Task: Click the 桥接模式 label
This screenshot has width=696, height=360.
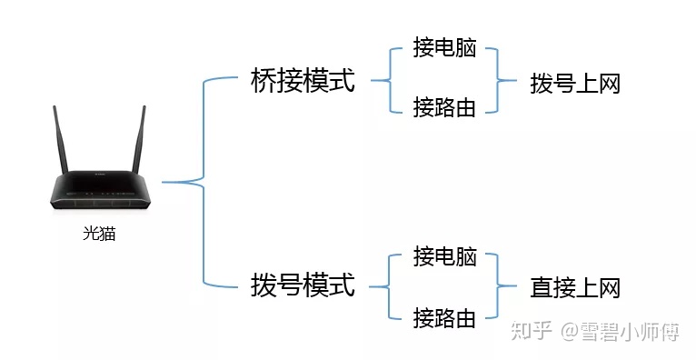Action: (x=303, y=82)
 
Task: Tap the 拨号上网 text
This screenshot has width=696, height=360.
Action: (x=575, y=85)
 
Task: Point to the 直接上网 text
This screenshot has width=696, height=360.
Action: (x=575, y=288)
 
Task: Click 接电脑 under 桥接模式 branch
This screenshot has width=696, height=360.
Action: (x=444, y=50)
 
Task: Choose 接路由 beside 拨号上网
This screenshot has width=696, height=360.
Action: (x=444, y=107)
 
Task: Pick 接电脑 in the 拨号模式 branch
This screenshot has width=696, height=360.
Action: (x=444, y=256)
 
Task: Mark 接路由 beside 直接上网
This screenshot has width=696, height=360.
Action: (x=444, y=317)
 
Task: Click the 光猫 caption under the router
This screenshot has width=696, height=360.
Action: (x=99, y=234)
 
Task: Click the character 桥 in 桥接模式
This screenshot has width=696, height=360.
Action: (x=263, y=82)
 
